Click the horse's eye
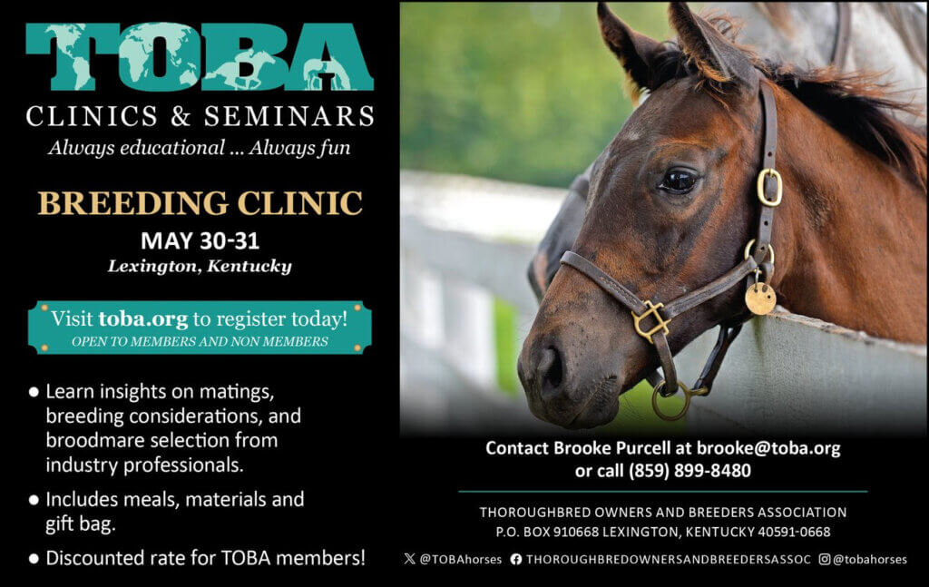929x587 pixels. (x=679, y=180)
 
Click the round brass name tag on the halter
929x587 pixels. (x=760, y=298)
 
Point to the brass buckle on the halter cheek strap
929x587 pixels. (x=769, y=187)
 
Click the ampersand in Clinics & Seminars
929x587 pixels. (x=181, y=116)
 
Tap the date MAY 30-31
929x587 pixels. (x=200, y=240)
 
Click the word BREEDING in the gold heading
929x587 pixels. (x=133, y=203)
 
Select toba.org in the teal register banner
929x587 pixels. (x=142, y=318)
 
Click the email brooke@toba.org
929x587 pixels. (x=768, y=448)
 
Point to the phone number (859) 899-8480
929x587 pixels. (x=689, y=471)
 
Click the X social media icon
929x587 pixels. (x=409, y=559)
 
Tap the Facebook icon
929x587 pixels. (x=516, y=559)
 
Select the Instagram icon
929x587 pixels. (x=824, y=559)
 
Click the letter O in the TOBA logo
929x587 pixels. (x=160, y=57)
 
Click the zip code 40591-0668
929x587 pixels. (x=794, y=532)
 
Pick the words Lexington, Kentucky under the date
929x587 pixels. (x=200, y=267)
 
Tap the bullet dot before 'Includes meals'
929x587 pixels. (x=34, y=500)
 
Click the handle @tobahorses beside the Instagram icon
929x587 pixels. (x=869, y=559)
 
